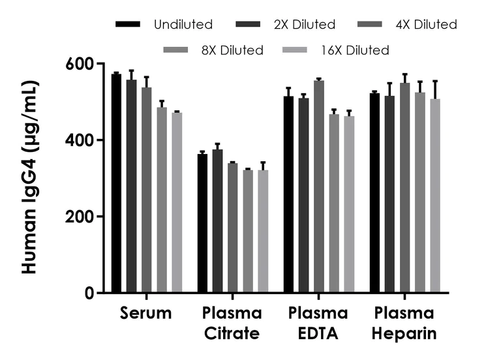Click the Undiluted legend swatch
pos(129,25)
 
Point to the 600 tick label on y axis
pos(81,64)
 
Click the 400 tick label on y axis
pos(81,140)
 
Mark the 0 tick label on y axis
pos(90,293)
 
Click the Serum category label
pos(146,313)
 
